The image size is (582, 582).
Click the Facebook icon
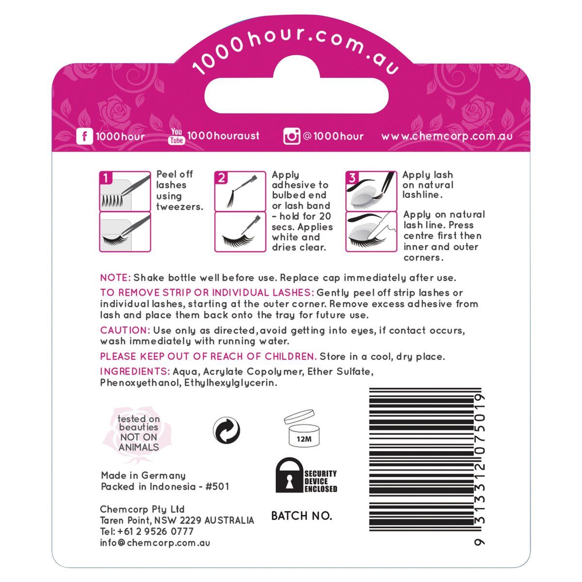point(84,136)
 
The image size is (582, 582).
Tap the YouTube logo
point(177,136)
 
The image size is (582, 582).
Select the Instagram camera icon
point(291,136)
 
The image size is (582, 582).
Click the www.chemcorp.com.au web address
point(447,136)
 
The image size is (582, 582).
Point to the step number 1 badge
point(106,178)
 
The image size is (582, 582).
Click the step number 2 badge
point(221,178)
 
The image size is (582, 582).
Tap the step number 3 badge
point(352,178)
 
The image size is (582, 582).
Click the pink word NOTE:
point(115,278)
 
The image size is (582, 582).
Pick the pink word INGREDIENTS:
point(135,372)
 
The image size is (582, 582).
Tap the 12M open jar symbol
point(303,429)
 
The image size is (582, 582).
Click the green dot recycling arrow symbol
point(226,430)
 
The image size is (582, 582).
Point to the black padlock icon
point(290,476)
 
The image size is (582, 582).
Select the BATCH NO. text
point(301,516)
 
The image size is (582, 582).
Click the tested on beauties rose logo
point(138,433)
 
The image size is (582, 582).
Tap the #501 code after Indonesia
point(217,486)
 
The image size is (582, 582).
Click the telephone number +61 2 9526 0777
point(155,532)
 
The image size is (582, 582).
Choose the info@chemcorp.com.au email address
point(155,543)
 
